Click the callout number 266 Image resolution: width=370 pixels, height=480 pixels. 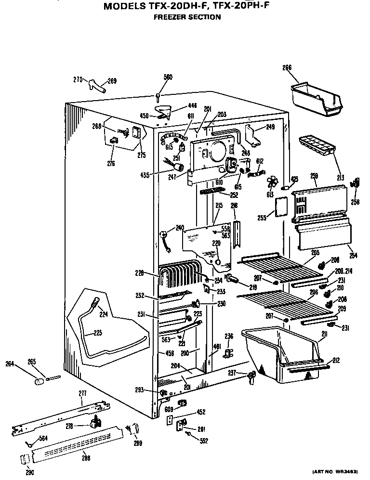tap(287, 68)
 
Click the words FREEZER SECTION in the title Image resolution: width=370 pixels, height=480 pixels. tap(187, 17)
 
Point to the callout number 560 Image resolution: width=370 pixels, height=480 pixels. tap(155, 77)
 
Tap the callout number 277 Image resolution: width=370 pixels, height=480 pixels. tap(81, 393)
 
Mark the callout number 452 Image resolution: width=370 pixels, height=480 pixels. tap(201, 412)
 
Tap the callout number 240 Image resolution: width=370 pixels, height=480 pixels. tap(179, 228)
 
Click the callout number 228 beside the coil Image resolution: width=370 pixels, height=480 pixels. tap(139, 273)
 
